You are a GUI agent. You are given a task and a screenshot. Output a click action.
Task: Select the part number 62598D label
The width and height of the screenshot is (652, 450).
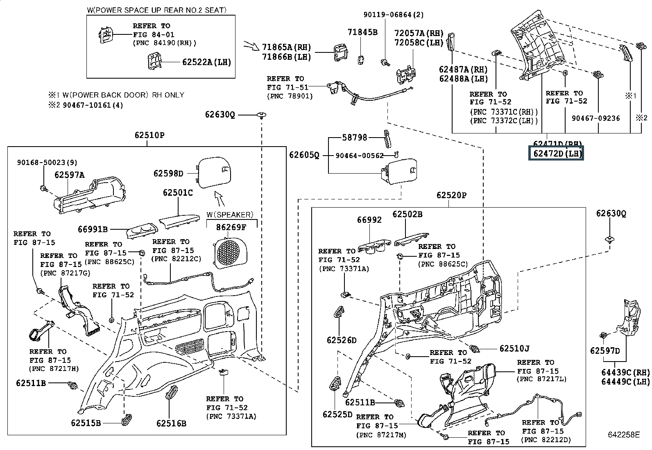point(168,174)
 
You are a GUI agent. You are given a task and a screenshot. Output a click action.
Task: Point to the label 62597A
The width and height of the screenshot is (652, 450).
point(70,175)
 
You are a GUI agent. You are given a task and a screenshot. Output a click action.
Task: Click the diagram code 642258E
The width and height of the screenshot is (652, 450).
point(623,435)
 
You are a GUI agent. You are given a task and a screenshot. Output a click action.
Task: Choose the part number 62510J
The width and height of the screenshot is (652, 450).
point(514,349)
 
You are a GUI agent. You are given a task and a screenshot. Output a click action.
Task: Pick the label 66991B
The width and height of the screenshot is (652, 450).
point(93,229)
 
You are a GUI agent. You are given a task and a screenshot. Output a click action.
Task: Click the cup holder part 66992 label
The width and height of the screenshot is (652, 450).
point(369,220)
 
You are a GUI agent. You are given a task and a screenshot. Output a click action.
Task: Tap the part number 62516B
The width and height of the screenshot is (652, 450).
point(171,423)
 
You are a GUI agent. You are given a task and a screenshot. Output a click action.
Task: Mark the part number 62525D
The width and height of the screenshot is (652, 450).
point(337,414)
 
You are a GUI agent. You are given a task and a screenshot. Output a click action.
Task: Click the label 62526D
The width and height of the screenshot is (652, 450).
point(342,340)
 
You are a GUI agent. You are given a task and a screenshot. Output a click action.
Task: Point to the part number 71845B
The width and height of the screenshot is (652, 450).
point(362,32)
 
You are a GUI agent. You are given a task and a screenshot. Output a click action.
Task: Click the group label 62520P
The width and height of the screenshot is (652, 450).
point(451,195)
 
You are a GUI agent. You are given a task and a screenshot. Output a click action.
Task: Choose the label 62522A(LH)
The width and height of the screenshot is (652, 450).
point(206,62)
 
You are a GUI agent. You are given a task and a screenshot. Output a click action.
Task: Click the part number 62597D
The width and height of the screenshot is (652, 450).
point(605,351)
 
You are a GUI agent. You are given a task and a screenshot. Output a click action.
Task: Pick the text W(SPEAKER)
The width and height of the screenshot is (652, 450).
point(230,215)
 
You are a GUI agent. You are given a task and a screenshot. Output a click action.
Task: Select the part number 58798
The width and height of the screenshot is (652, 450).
point(355,138)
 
